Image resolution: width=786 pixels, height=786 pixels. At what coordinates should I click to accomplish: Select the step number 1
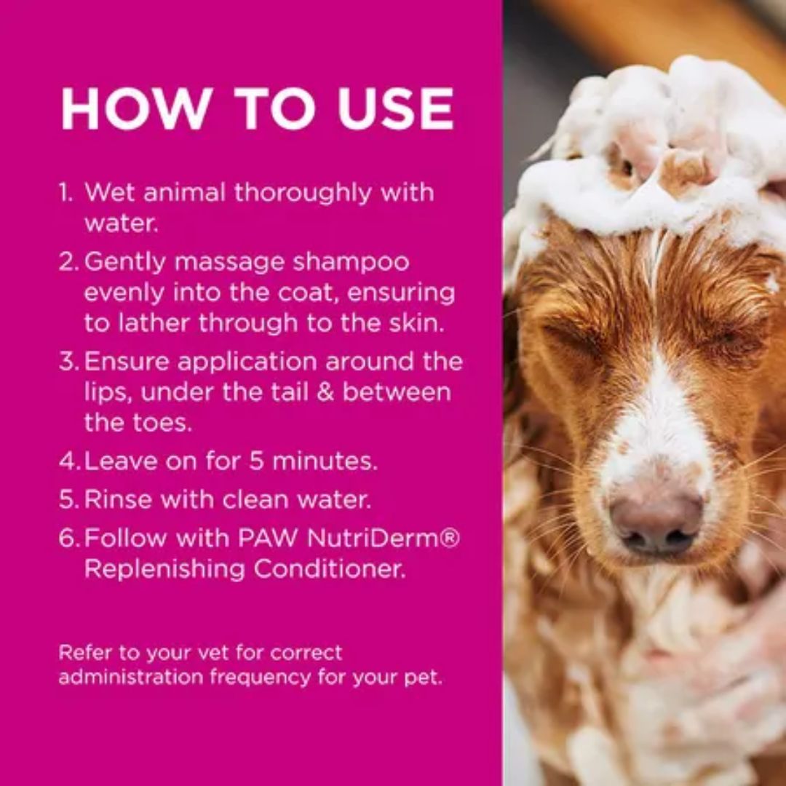tap(66, 193)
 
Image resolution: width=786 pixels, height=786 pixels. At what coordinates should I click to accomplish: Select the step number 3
tap(68, 362)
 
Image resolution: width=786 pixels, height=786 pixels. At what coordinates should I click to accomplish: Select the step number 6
tap(68, 539)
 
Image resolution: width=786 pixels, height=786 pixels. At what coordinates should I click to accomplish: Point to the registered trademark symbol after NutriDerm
tap(452, 538)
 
